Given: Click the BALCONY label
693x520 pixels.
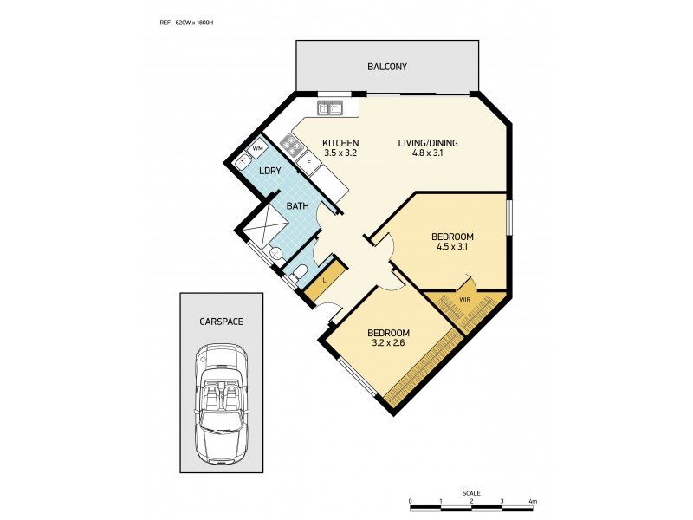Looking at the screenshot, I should tap(386, 67).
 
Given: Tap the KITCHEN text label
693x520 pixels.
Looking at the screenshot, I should tap(340, 143).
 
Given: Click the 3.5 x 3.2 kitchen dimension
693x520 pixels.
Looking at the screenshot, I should tap(340, 153).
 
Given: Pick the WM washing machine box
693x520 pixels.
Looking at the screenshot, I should tap(257, 149).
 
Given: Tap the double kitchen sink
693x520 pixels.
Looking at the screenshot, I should tap(330, 108).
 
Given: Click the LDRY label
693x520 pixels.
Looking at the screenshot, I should tap(269, 171).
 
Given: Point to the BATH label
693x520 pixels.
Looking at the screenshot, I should tap(298, 206).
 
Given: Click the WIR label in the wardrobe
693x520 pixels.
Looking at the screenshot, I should tap(464, 300).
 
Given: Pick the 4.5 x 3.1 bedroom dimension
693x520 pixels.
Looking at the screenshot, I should tap(452, 247).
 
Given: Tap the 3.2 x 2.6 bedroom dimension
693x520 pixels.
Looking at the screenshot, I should tap(387, 343).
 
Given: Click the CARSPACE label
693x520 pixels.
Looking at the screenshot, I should tap(221, 321).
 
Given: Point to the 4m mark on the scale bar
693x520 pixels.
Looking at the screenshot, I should tap(533, 501).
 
